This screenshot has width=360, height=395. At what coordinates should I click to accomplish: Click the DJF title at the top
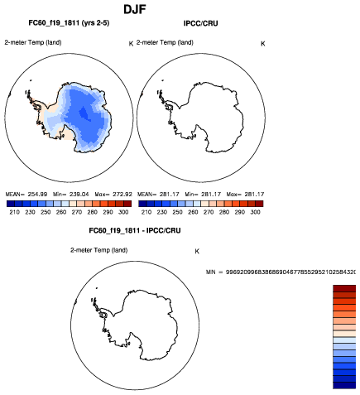(x=135, y=10)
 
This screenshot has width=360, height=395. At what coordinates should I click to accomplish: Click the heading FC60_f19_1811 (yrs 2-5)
(x=69, y=23)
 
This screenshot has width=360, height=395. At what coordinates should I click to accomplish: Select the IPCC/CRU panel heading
(x=201, y=23)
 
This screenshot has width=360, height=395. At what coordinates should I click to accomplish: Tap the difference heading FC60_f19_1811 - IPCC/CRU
(x=135, y=230)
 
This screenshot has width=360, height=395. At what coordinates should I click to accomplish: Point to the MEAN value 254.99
(x=37, y=195)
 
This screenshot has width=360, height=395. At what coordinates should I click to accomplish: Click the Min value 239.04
(x=79, y=195)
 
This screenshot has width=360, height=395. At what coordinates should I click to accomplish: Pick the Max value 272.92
(x=122, y=195)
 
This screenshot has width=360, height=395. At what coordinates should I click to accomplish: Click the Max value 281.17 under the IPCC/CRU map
(x=254, y=195)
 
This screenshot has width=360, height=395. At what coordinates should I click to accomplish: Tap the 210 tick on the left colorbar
(x=14, y=212)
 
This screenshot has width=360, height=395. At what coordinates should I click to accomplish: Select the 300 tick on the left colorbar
(x=123, y=212)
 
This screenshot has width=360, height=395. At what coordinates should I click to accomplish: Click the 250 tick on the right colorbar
(x=177, y=212)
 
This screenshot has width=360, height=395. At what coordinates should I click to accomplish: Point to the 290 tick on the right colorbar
(x=240, y=212)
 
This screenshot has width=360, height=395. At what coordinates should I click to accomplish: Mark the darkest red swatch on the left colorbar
(x=127, y=204)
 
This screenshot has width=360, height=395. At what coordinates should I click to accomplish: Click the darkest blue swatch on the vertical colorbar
(x=344, y=385)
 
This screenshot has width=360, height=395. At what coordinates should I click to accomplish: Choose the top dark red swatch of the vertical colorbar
(x=344, y=288)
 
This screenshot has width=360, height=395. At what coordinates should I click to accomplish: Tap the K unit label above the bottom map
(x=197, y=252)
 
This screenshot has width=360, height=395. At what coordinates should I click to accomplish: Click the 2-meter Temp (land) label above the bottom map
(x=98, y=250)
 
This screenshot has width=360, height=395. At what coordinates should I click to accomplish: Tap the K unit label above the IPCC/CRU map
(x=263, y=44)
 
